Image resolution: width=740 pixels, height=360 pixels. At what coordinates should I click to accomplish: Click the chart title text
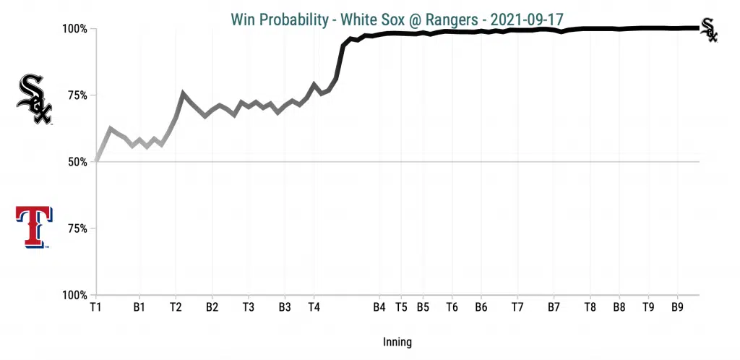(x=397, y=18)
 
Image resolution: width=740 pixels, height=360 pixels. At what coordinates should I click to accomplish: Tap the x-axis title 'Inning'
(x=397, y=341)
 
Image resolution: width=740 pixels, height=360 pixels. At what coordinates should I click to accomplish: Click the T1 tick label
(x=95, y=307)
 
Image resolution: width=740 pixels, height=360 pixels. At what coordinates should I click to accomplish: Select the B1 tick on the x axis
(x=139, y=307)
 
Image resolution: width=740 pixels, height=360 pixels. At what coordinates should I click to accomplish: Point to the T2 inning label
(x=176, y=307)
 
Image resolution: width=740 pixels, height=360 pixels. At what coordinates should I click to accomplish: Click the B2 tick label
(x=212, y=307)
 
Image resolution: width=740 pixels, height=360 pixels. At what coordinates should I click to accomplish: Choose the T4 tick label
(x=314, y=307)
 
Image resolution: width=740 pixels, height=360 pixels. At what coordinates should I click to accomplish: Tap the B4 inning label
(x=379, y=307)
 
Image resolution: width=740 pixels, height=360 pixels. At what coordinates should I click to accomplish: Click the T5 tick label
(x=402, y=307)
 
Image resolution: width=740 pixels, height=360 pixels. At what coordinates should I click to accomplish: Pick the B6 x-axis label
(x=481, y=307)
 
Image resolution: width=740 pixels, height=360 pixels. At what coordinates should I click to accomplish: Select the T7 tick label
(x=517, y=307)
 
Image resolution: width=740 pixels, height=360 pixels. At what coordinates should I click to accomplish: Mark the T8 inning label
(x=590, y=307)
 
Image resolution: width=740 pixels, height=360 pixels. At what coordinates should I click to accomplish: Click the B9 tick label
(x=677, y=307)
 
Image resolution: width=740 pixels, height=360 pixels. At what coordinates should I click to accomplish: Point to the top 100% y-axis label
(x=74, y=30)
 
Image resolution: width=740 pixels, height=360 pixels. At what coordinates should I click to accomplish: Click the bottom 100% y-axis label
(x=74, y=295)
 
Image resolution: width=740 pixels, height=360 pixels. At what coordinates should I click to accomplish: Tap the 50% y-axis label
(x=77, y=162)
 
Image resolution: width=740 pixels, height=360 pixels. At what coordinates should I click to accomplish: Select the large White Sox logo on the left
(x=34, y=98)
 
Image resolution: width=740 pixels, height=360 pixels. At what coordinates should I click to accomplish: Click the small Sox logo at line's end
(x=710, y=30)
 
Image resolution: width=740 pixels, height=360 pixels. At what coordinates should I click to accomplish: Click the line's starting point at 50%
(x=96, y=161)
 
